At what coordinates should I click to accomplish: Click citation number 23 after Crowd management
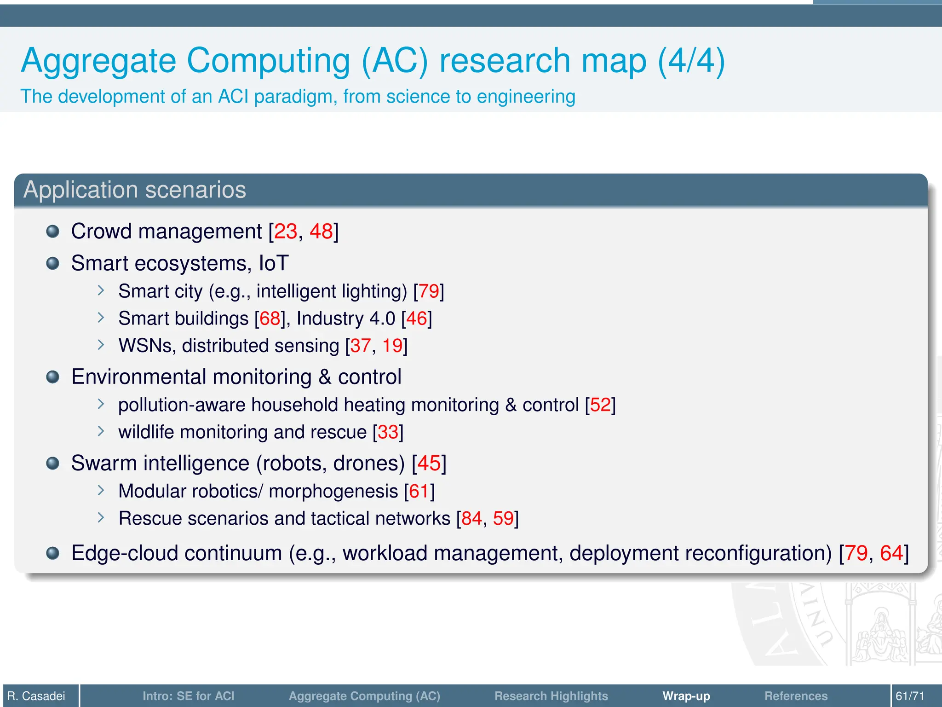[x=285, y=232]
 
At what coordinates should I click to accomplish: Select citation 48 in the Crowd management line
[x=321, y=232]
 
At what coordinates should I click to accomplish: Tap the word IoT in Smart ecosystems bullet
[x=274, y=263]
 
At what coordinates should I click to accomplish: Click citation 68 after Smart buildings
[x=270, y=319]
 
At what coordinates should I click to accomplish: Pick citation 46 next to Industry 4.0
[x=417, y=319]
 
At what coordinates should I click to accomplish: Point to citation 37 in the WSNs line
[x=361, y=346]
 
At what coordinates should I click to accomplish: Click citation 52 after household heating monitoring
[x=600, y=405]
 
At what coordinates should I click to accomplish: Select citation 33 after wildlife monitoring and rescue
[x=388, y=432]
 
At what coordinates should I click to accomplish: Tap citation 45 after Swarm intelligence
[x=429, y=463]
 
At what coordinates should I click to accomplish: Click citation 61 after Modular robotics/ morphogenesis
[x=419, y=491]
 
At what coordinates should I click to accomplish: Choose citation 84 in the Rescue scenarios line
[x=471, y=518]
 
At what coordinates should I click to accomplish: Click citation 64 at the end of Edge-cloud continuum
[x=891, y=553]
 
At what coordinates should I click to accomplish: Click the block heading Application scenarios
[x=135, y=190]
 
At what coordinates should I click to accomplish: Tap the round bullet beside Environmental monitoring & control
[x=53, y=377]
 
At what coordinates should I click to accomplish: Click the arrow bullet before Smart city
[x=101, y=290]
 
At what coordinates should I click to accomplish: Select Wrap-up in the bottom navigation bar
[x=686, y=696]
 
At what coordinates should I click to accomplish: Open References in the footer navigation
[x=796, y=696]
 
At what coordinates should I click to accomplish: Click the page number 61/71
[x=910, y=696]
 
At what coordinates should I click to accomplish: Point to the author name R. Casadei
[x=36, y=696]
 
